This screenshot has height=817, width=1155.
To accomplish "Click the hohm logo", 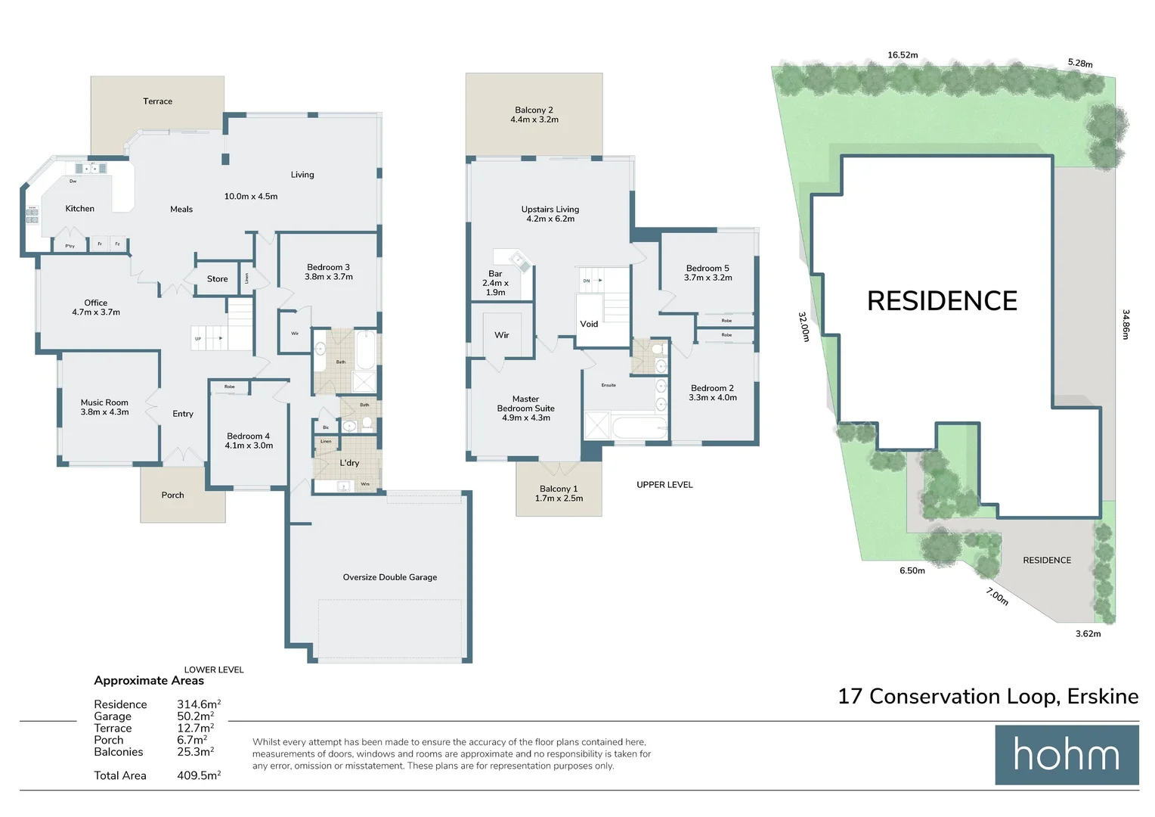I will point(1066,755).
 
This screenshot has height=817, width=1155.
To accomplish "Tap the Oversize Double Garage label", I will point(390,577).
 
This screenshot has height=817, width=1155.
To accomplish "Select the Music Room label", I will point(104,407).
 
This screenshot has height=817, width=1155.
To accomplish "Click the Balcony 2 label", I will point(534,114).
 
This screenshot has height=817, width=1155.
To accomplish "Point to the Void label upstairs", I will point(589,324).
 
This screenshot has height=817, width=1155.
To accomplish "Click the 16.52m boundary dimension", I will point(903,55).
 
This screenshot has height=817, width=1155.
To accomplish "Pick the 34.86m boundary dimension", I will point(1126,324).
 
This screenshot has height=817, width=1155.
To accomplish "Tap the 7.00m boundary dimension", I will point(997,596).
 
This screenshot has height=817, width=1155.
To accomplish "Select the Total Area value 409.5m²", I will point(198,775).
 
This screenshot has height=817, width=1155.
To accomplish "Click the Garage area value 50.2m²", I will point(195,716).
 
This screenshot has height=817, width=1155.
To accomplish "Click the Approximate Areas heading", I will point(149,681).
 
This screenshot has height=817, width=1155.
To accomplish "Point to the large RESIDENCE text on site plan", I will point(942,301).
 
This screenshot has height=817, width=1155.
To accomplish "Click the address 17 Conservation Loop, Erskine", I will point(988,696).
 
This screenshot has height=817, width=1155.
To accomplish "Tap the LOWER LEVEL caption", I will point(214,669).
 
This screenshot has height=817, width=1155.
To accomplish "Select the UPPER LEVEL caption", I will point(664,485).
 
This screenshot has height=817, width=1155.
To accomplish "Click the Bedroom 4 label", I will point(249,440).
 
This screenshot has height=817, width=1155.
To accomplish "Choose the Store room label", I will point(217,279).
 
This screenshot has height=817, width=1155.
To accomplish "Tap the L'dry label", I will point(349,463).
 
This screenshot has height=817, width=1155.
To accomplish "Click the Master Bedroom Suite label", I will point(525,408).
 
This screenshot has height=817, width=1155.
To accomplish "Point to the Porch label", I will point(172,495).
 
